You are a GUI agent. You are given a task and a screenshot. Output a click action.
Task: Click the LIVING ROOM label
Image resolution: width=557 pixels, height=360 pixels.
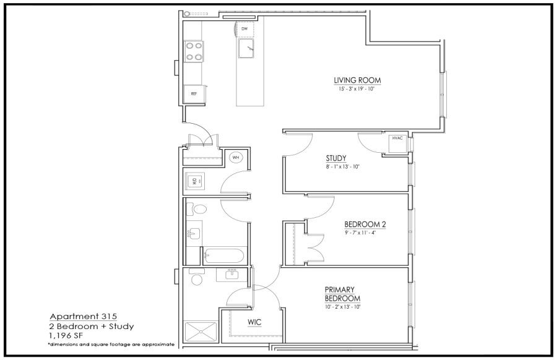tap(357, 80)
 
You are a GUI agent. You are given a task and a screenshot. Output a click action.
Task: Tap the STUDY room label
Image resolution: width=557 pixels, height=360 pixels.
tap(336, 158)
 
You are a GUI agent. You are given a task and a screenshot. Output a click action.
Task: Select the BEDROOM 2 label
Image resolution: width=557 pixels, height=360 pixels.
tap(365, 225)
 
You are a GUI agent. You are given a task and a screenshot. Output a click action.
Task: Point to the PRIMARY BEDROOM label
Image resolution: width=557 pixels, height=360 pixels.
tap(342, 294)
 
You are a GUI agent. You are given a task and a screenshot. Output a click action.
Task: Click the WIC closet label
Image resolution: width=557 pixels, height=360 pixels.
tap(254, 322)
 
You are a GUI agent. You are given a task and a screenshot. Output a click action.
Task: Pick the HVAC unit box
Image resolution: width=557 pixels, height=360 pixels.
tap(397, 144)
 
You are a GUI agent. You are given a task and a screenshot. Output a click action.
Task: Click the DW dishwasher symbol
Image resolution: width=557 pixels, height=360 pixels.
tap(245, 29)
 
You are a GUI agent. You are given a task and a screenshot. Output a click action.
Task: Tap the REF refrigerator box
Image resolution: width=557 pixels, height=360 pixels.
tap(194, 94)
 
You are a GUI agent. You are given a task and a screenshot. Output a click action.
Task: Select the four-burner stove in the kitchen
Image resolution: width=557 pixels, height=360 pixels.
tap(194, 51)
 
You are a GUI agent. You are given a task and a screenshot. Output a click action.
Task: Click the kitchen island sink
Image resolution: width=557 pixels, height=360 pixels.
tap(246, 49)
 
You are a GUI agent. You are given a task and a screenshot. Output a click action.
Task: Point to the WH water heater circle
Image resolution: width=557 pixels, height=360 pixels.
tap(236, 157)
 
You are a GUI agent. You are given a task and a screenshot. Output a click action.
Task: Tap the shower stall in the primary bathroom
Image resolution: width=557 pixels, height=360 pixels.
tap(201, 332)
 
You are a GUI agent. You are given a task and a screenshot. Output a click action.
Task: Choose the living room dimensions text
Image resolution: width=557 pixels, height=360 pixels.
tap(357, 88)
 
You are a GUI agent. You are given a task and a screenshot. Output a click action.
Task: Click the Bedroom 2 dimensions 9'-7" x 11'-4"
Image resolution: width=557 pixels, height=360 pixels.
tap(360, 233)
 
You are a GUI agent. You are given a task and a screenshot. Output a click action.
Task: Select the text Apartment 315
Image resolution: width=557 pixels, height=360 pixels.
tap(83, 316)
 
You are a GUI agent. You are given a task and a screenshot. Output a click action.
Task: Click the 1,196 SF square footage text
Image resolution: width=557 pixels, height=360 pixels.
tap(66, 335)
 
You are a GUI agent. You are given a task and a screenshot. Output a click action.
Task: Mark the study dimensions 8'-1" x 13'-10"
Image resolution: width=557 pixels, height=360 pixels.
tap(342, 166)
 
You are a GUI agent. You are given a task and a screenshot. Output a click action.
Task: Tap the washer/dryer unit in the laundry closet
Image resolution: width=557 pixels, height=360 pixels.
tap(195, 181)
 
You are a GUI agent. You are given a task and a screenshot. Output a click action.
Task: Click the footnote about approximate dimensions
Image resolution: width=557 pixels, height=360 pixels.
tap(111, 345)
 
